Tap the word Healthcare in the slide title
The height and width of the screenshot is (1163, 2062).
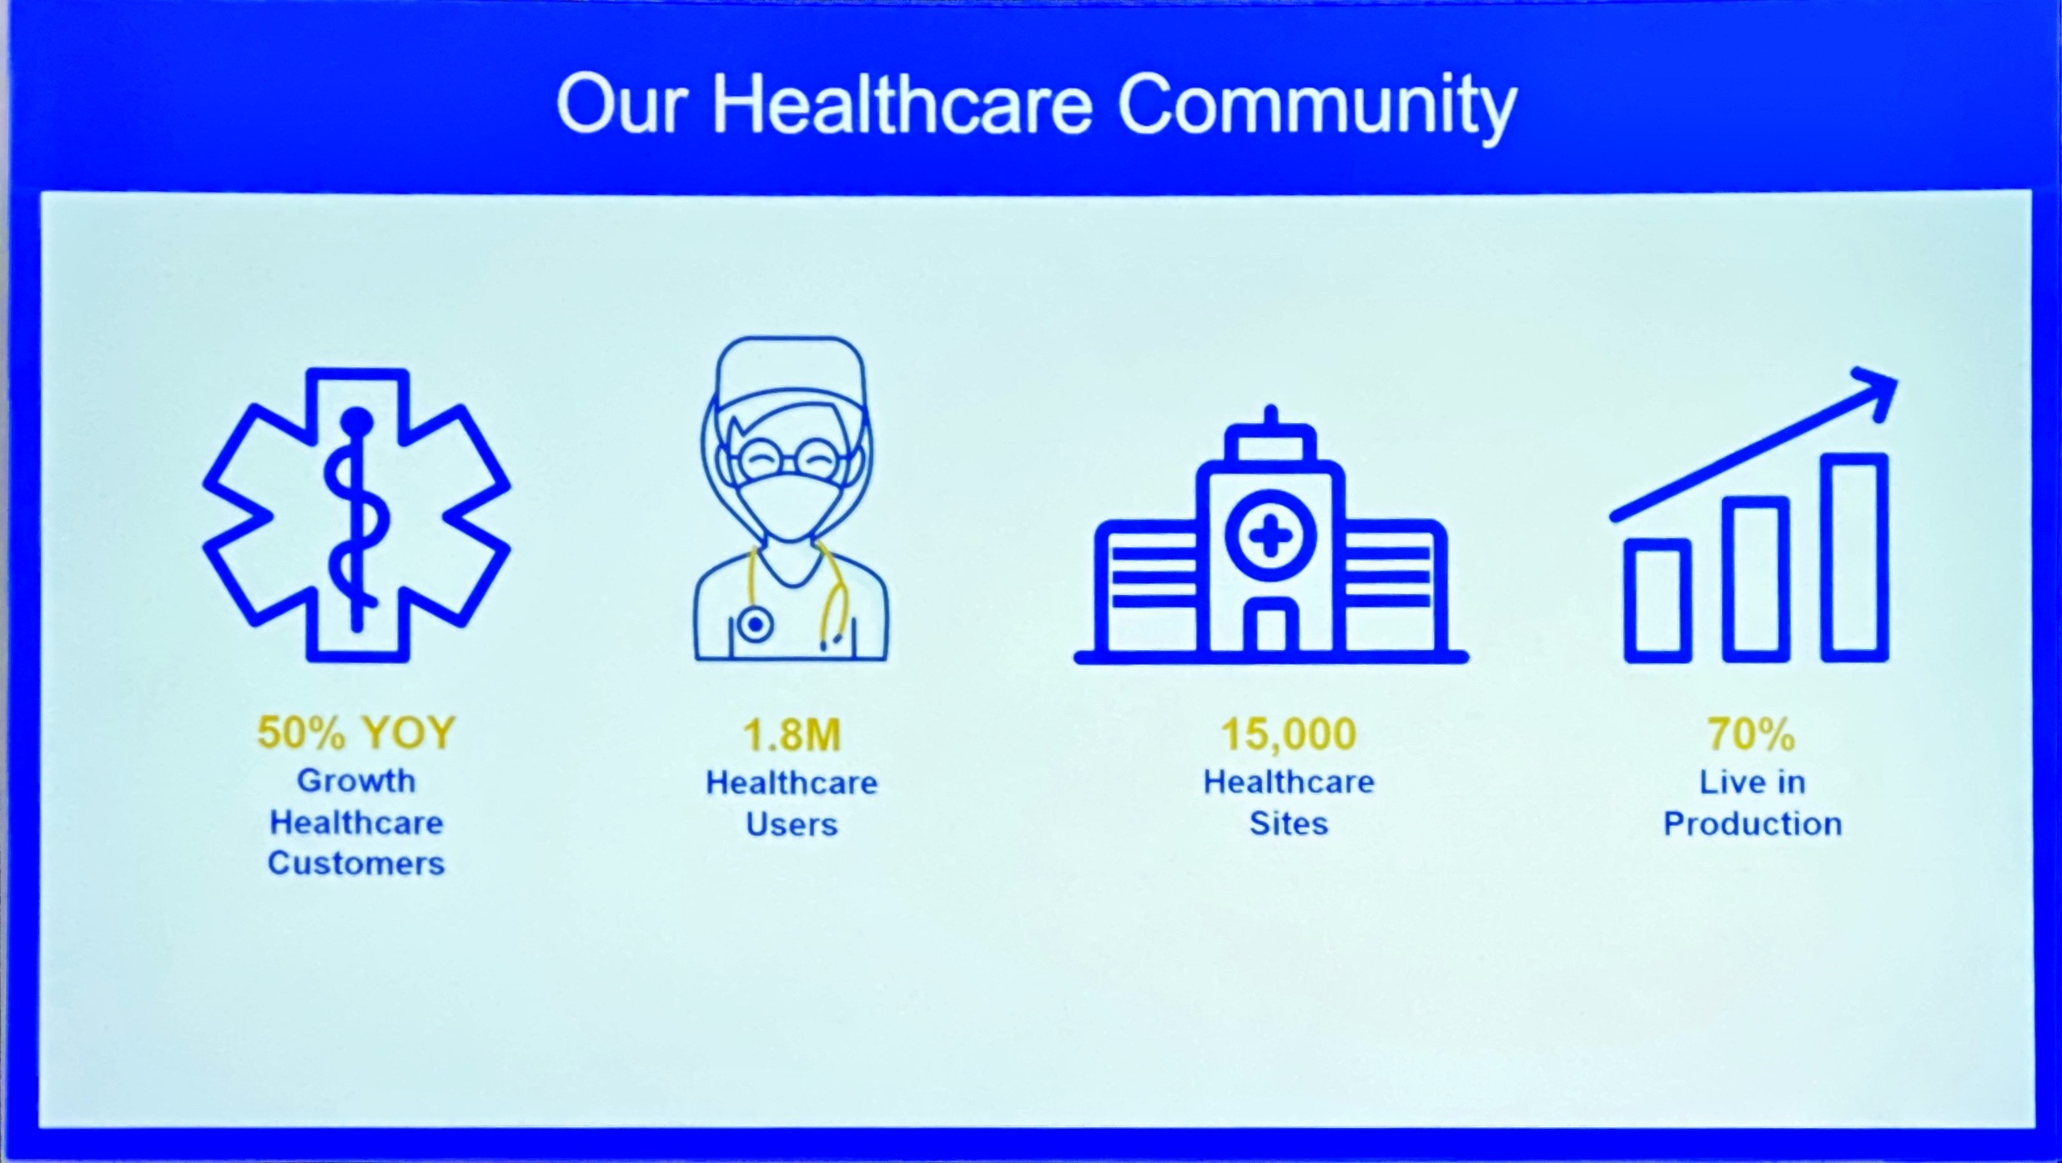click(x=902, y=103)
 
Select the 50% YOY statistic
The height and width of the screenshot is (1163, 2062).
click(x=356, y=733)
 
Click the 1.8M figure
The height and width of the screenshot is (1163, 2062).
click(x=792, y=734)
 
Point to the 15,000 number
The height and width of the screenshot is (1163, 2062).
click(x=1288, y=733)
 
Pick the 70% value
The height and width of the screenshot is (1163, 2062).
click(x=1751, y=734)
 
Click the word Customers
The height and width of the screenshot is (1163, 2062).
click(x=356, y=863)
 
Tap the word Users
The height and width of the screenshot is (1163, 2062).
click(x=792, y=824)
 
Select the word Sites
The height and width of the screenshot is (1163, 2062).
click(x=1288, y=823)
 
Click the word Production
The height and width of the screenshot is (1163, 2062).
click(x=1753, y=823)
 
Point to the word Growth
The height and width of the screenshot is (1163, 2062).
click(x=356, y=782)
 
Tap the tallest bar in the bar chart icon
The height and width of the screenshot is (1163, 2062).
click(x=1855, y=557)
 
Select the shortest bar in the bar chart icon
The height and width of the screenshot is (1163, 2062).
click(x=1657, y=601)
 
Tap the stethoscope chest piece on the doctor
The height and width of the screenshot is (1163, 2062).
click(x=755, y=624)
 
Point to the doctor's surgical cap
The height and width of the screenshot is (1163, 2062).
click(x=791, y=372)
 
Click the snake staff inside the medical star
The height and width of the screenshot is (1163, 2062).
click(x=357, y=517)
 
